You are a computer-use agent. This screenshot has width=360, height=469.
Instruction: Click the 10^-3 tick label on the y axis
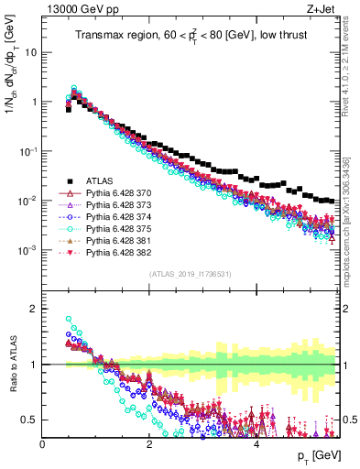pyautogui.click(x=27, y=250)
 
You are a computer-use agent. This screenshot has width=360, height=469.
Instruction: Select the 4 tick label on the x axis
pyautogui.click(x=256, y=444)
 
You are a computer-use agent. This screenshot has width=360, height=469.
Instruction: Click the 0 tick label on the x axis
pyautogui.click(x=43, y=444)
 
